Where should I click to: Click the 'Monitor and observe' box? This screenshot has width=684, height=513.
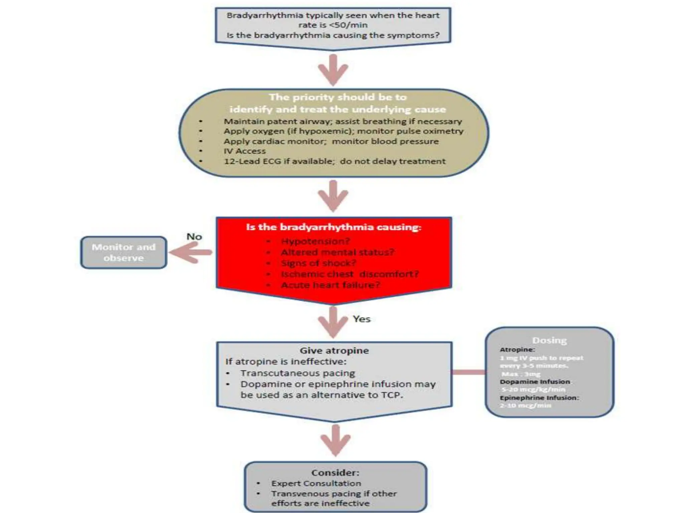point(124,252)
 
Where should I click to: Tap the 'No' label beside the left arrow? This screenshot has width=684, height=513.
point(194,237)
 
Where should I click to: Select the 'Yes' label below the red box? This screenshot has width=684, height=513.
point(362,319)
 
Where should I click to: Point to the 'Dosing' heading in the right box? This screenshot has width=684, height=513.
point(549,340)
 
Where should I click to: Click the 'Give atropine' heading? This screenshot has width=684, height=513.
point(334,350)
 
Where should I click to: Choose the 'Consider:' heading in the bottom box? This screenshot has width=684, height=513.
point(335,473)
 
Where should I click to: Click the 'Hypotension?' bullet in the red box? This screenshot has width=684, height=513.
point(316,241)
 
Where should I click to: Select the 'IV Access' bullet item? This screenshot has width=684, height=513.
point(245,151)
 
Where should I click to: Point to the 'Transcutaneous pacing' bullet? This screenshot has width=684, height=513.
point(298,373)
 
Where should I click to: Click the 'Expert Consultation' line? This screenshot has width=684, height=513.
point(316,483)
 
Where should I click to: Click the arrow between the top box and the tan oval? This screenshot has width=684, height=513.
point(333,69)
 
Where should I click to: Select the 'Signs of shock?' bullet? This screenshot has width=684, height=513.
point(319,263)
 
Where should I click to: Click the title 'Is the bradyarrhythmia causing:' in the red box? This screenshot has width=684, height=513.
point(334,227)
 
